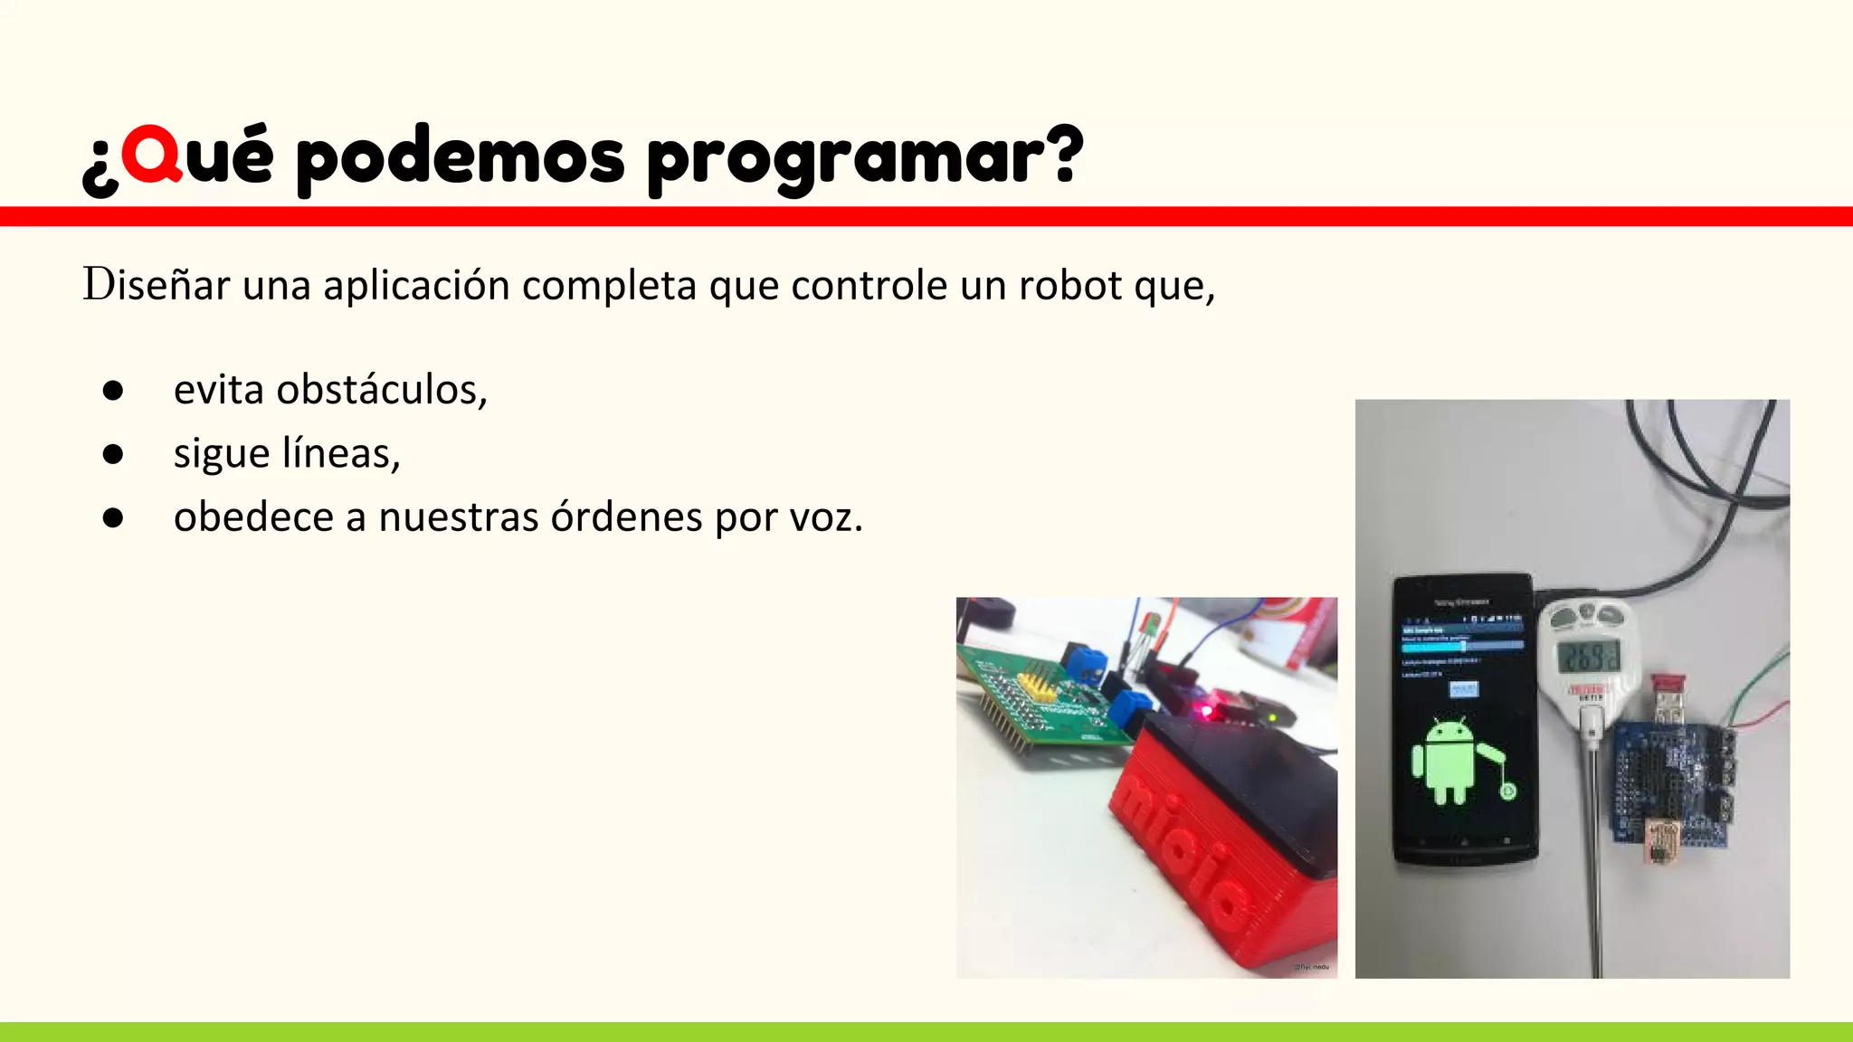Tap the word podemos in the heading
461,157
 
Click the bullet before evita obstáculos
113,390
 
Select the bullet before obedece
113,517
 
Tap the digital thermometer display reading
1588,656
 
